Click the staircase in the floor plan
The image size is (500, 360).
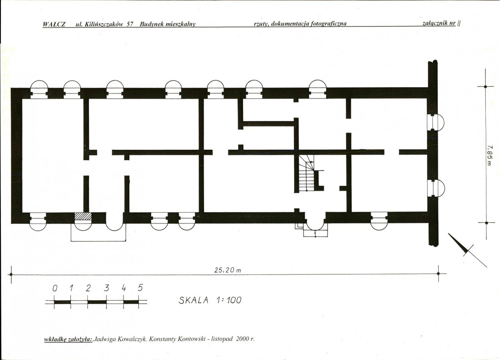[x=307, y=174]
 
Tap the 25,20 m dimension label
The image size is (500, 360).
[x=228, y=270]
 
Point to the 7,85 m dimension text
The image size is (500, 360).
[x=489, y=155]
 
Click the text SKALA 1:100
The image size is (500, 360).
[x=210, y=300]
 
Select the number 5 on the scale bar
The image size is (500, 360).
[x=140, y=287]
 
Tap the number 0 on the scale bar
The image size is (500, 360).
[x=55, y=288]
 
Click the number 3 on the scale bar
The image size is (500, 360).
[x=106, y=288]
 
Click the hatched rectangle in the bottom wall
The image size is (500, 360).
[x=83, y=217]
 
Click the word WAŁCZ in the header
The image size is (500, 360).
[x=54, y=24]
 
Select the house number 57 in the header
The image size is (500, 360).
[x=130, y=24]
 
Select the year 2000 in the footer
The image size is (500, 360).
[x=242, y=339]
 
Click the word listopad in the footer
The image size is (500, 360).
[x=222, y=339]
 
